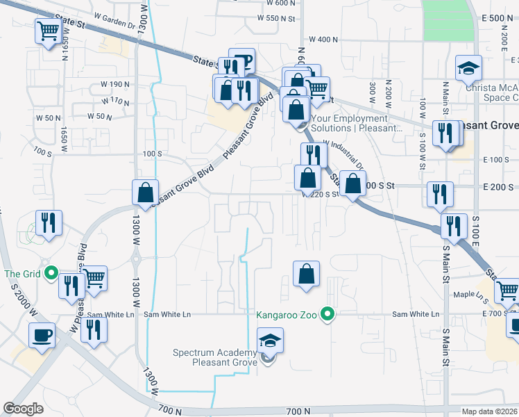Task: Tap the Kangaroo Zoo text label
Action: point(289,315)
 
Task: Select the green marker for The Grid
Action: point(50,274)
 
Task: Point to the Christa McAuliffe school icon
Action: point(468,69)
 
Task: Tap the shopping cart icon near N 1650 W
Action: point(48,31)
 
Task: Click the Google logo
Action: point(23,409)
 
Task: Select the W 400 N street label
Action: point(323,40)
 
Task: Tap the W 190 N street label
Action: point(115,84)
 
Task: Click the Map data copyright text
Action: point(488,410)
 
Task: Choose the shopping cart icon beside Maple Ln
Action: point(508,290)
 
